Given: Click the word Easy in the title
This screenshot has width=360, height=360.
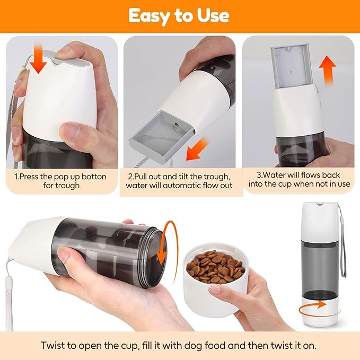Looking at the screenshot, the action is (x=149, y=15).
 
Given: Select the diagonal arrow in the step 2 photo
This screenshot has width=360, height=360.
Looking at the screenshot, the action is (x=197, y=149).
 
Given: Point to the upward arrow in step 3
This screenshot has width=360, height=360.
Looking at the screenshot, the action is (x=328, y=71).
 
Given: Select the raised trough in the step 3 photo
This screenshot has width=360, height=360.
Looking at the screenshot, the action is (x=292, y=67).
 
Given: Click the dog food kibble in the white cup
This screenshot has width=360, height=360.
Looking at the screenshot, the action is (x=215, y=266).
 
